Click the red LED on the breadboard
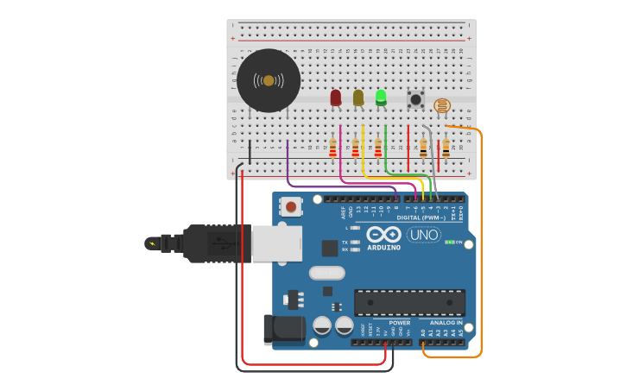tap(336, 98)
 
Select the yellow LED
tap(358, 98)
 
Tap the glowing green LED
tap(381, 97)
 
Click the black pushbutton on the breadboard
tap(415, 99)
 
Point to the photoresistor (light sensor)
tap(442, 106)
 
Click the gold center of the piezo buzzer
tap(269, 80)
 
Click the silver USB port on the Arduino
tap(276, 243)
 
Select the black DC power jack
tap(285, 328)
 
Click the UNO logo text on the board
tap(423, 235)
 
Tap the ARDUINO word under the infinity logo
tap(383, 248)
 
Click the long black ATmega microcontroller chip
tap(409, 303)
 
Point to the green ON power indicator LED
tap(449, 243)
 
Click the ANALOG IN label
tap(446, 323)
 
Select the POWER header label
tap(400, 323)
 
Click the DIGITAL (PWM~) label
tap(420, 218)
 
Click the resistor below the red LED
tap(332, 148)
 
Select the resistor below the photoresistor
tap(446, 148)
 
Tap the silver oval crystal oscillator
tap(326, 273)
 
